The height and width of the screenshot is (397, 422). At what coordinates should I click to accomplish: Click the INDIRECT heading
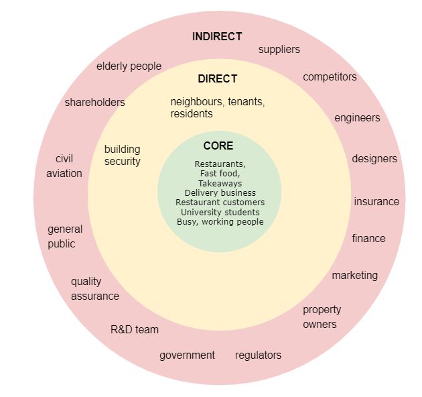217,37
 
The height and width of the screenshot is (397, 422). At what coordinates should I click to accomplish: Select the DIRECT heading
218,78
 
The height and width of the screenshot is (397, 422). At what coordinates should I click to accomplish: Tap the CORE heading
218,146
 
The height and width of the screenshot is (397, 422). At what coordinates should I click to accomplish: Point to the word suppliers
279,50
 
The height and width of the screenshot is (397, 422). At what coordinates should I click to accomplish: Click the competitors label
330,77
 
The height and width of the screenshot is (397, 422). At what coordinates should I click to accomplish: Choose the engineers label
357,118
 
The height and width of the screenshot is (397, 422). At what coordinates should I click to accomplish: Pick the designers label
374,159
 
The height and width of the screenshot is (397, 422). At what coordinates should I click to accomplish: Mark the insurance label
376,202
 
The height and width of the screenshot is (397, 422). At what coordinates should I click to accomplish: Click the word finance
368,238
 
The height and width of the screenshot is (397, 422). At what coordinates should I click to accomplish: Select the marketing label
355,276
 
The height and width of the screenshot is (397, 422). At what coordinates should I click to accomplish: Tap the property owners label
322,317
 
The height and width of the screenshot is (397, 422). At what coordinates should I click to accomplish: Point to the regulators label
258,355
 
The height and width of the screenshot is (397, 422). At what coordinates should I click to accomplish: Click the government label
187,355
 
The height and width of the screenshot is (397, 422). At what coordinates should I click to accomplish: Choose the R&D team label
135,330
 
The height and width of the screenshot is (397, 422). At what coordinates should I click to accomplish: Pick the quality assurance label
95,289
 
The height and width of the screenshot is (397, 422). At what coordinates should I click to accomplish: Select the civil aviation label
64,166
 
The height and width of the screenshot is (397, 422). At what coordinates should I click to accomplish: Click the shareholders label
94,103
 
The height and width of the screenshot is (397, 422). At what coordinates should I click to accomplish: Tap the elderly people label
129,66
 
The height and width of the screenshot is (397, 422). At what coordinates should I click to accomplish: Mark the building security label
122,156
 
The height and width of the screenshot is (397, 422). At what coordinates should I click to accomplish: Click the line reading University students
220,213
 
